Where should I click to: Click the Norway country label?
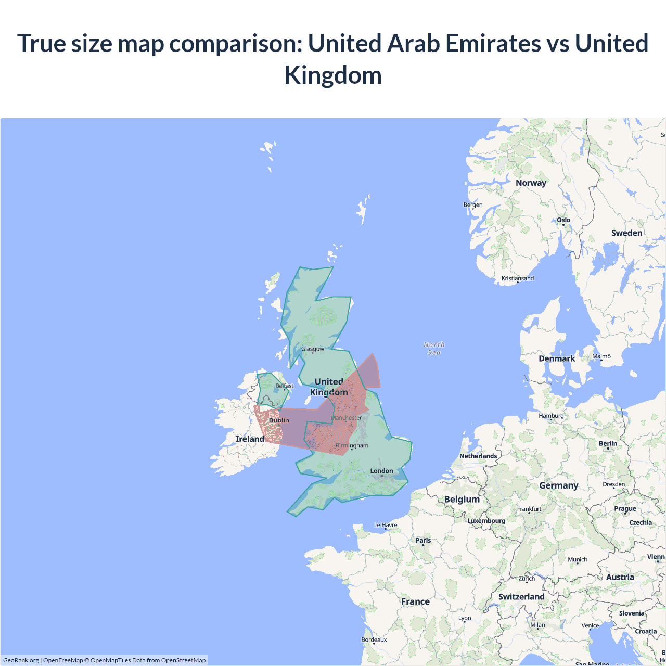click(x=531, y=183)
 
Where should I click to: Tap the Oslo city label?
click(x=563, y=220)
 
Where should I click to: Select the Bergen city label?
click(x=473, y=204)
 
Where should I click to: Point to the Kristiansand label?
click(x=517, y=278)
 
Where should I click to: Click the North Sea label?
click(x=434, y=349)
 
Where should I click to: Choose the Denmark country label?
click(x=557, y=358)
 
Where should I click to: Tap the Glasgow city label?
click(x=313, y=349)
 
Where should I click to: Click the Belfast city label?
click(x=285, y=386)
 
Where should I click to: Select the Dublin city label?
click(x=279, y=420)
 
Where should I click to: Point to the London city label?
click(x=381, y=471)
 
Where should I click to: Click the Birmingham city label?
click(x=352, y=445)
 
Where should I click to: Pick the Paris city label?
click(x=423, y=540)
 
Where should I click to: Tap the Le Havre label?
click(x=386, y=525)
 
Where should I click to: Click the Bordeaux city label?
click(x=374, y=639)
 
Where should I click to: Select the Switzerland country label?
click(x=521, y=597)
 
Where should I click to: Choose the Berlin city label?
click(x=608, y=444)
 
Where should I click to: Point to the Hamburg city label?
click(x=551, y=416)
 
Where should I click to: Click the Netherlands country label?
click(x=478, y=456)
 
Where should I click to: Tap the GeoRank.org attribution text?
click(x=21, y=660)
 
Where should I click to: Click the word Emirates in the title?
click(x=493, y=43)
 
